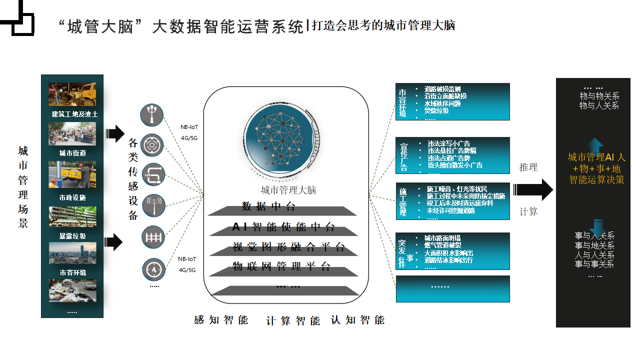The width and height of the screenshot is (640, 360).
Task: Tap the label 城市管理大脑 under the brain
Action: pos(288,190)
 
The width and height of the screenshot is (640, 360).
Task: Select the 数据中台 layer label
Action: pos(269,206)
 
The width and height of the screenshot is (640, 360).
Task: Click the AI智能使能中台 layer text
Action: pos(283,227)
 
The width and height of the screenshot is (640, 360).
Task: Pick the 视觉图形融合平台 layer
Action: pos(288,247)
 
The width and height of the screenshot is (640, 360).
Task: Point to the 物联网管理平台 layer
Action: pos(281,266)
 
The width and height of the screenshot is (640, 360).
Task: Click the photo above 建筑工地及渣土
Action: pos(72,95)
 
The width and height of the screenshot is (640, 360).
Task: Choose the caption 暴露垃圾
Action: pos(72,236)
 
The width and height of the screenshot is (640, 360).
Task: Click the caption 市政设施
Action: pos(72,197)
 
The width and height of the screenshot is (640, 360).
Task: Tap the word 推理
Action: pos(528,167)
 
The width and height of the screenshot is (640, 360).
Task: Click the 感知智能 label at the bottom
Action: pos(221,320)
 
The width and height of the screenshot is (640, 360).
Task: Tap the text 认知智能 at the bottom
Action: pos(358,320)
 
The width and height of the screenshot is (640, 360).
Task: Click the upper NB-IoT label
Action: pos(189,127)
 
